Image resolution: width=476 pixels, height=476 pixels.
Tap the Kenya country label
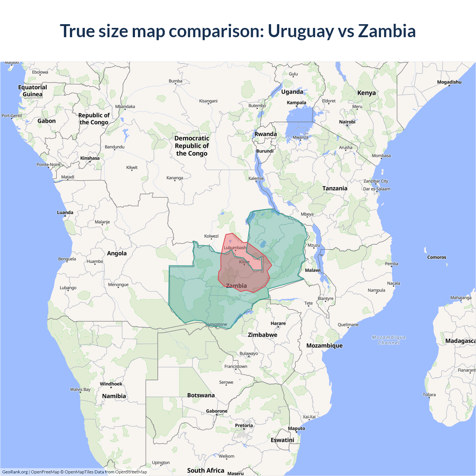(366, 93)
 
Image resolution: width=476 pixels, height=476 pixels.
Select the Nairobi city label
(347, 122)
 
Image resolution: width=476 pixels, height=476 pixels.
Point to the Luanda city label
(65, 213)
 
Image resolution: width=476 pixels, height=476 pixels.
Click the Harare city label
(278, 324)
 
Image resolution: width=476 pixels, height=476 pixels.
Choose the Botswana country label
(201, 395)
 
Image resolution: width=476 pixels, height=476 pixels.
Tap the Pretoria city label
(244, 425)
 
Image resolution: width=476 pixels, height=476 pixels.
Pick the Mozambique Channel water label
(389, 340)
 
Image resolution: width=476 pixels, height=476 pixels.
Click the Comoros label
(437, 257)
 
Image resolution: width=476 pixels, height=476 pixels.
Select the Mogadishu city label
(449, 82)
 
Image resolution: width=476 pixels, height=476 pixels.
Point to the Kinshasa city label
(90, 158)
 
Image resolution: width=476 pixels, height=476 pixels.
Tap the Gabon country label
(46, 121)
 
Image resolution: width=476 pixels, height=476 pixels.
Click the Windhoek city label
(111, 384)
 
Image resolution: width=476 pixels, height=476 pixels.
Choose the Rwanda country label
(266, 134)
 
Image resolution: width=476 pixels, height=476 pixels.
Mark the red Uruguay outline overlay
(242, 275)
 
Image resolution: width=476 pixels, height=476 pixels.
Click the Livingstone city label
(216, 325)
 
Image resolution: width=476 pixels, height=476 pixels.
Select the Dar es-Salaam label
(377, 189)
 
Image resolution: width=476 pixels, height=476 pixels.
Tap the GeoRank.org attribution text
(15, 472)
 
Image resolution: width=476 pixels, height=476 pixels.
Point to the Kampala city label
(296, 103)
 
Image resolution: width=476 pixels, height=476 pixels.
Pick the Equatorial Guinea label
(33, 91)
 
